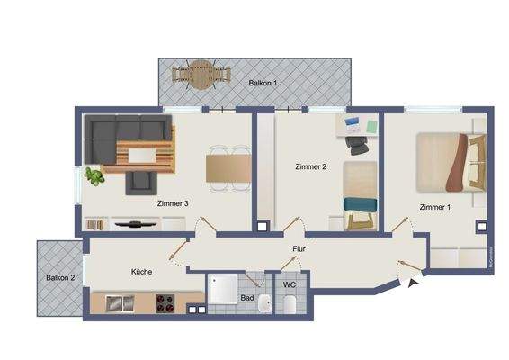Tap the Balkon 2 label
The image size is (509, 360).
60,277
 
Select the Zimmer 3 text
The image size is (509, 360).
173,203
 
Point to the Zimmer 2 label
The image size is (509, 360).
310,166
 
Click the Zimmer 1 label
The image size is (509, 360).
435,207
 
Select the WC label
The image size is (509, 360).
290,285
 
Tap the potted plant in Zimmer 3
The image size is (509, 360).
94,176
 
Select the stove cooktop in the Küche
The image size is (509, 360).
166,304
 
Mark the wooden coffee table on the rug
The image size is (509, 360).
141,156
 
